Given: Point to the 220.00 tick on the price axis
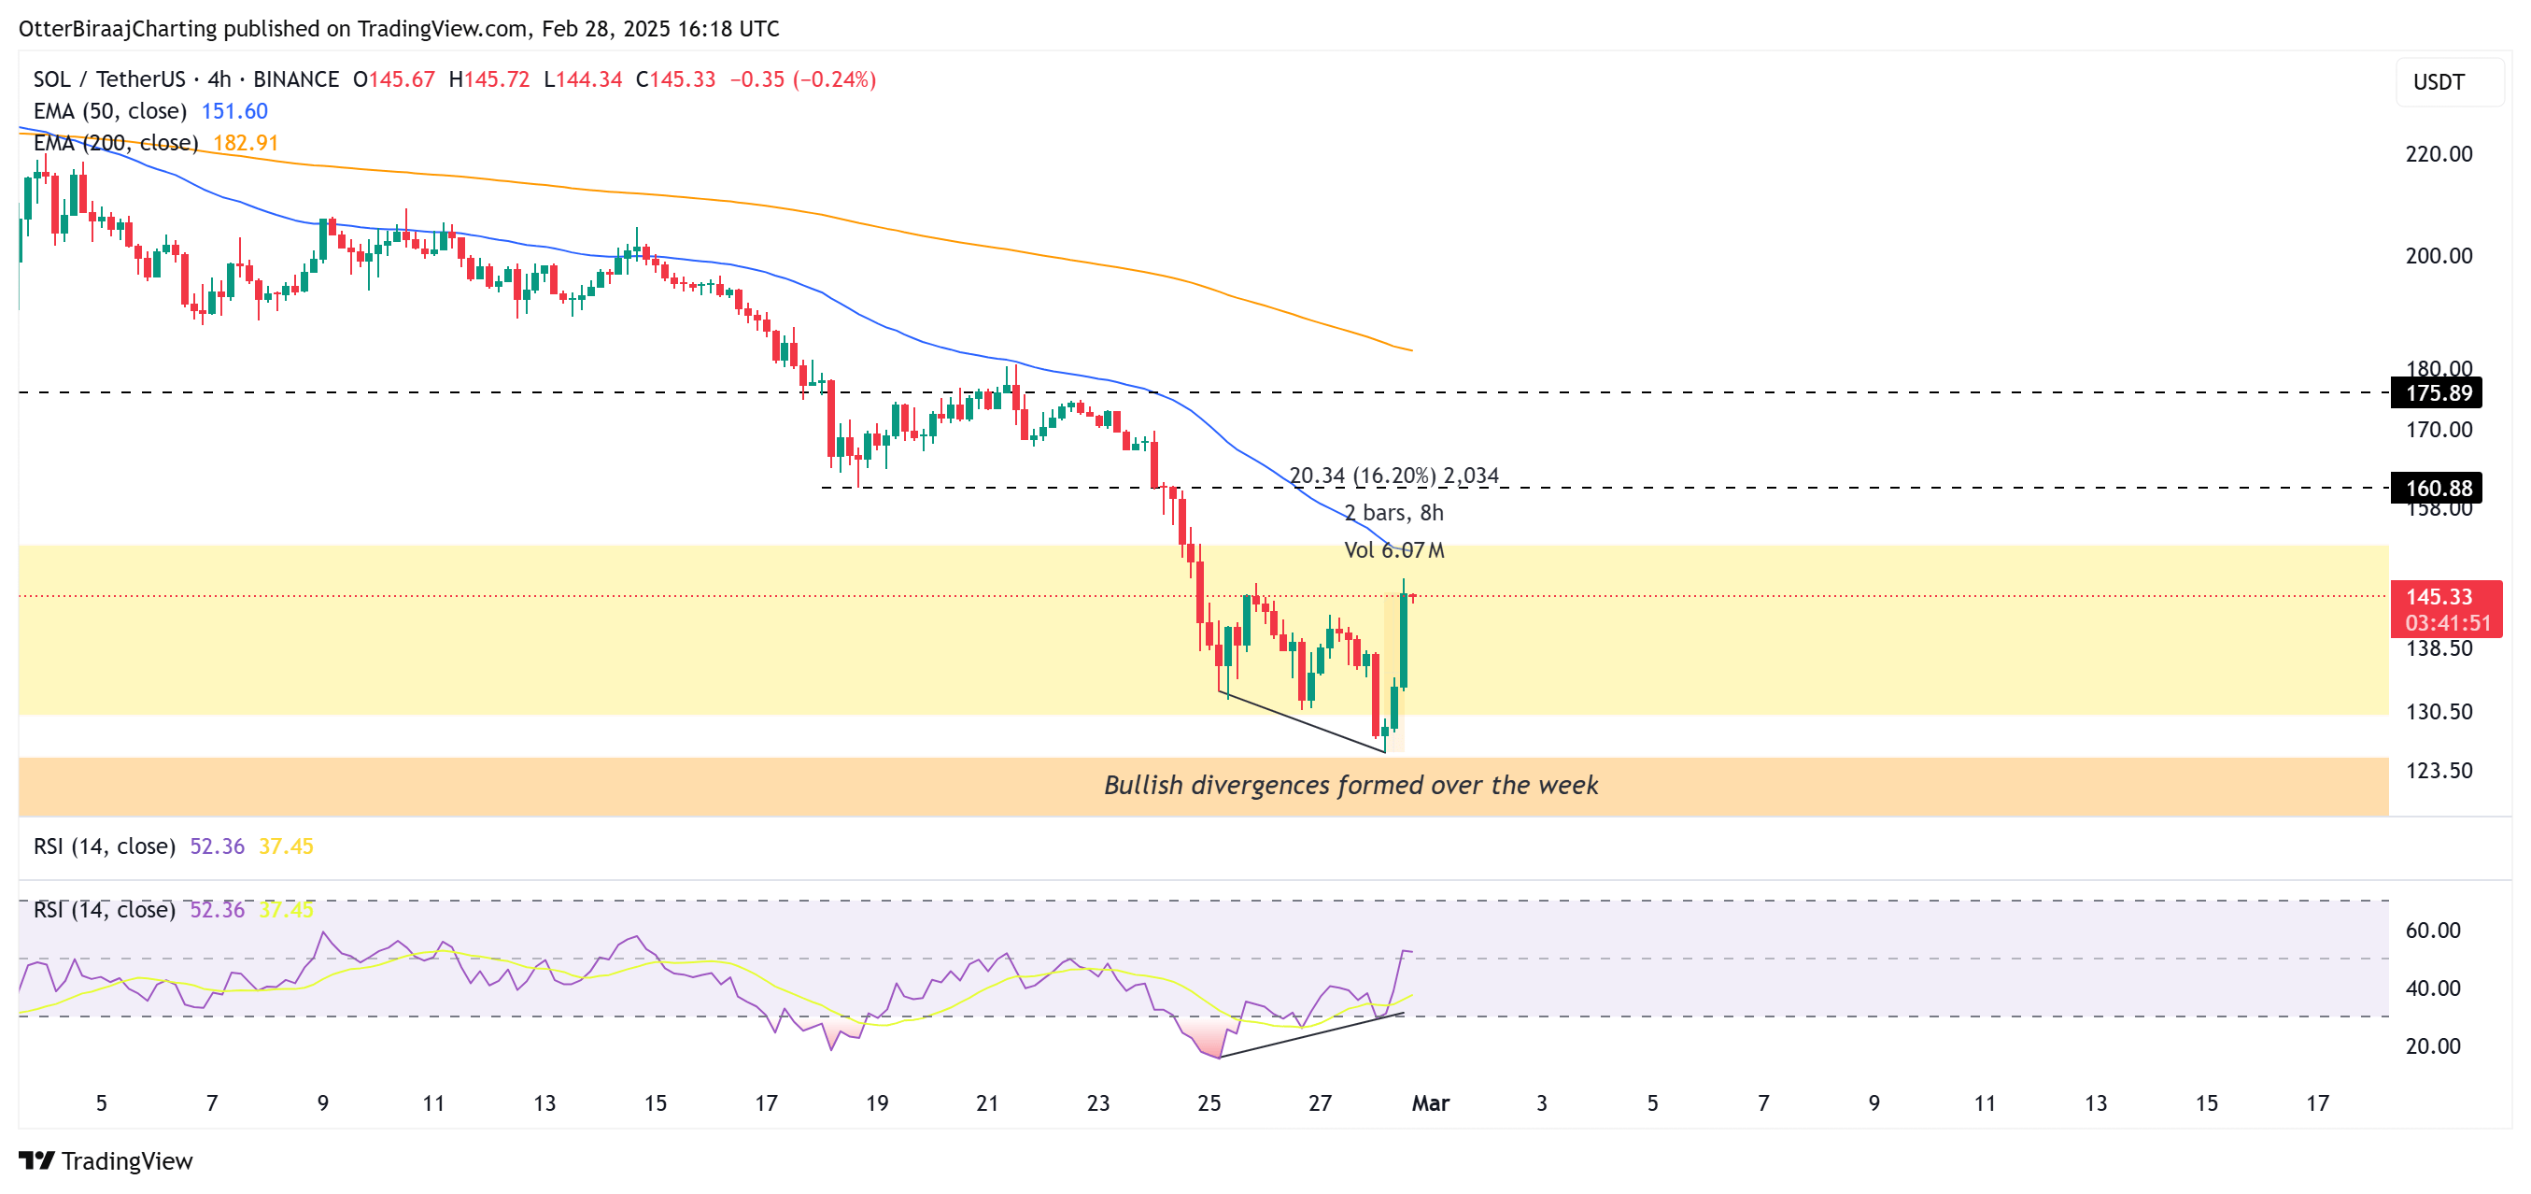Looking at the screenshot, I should point(2438,153).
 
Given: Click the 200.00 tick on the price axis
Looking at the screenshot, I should point(2438,255).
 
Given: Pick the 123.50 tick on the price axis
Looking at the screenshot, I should point(2438,771).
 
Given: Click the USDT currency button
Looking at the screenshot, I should point(2438,81).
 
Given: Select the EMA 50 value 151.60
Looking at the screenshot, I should point(233,111).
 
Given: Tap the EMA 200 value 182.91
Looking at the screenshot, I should point(246,143).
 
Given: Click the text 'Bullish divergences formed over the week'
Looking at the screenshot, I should point(1350,784).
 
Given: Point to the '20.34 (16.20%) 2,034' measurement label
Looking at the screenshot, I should point(1393,476).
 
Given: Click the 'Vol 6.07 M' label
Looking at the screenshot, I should point(1393,550).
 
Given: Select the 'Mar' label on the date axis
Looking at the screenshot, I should point(1430,1102).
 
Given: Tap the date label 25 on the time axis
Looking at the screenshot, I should point(1209,1102).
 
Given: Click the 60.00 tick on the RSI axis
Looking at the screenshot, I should point(2432,930).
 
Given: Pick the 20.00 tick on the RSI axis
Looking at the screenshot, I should point(2432,1045).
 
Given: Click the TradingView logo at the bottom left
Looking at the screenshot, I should point(106,1160).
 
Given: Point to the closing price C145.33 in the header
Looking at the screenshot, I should point(676,79).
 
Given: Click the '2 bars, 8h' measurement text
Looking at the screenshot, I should point(1393,513).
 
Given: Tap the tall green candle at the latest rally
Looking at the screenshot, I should point(1403,639).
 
